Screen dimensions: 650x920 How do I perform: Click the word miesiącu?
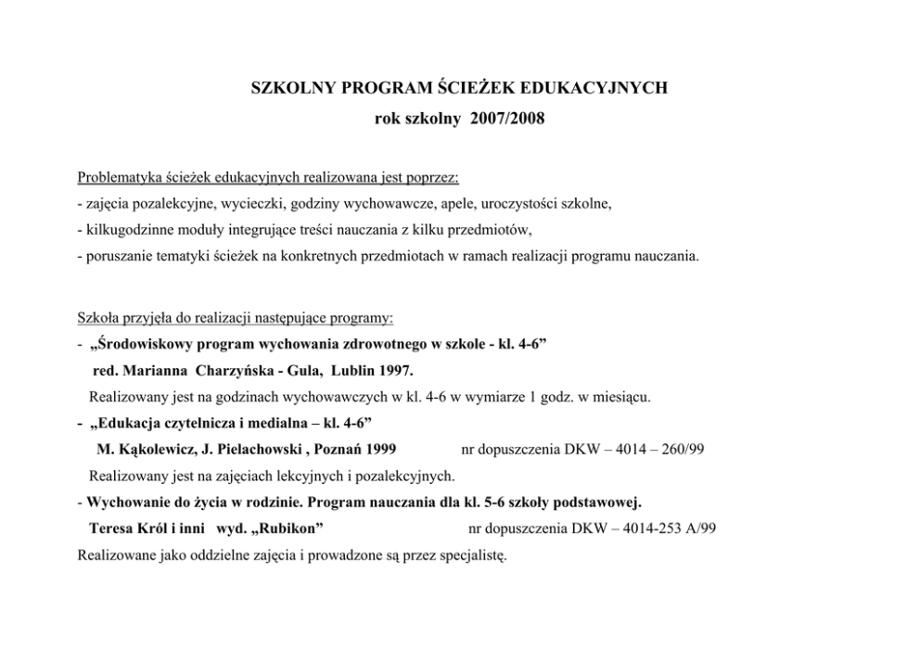coord(623,397)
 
